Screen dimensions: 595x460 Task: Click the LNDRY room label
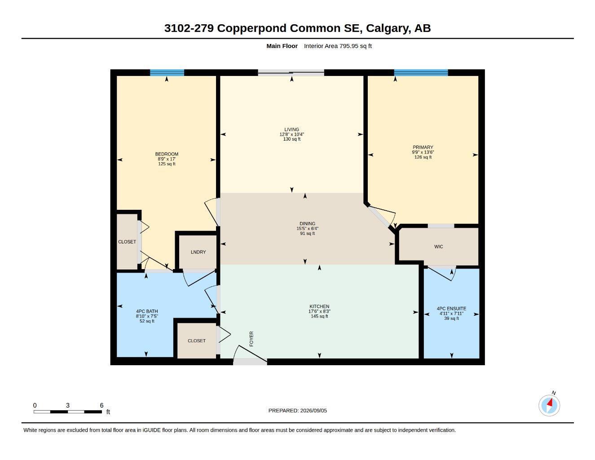198,252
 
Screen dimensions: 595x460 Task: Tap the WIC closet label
438,247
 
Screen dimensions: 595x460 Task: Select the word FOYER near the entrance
251,339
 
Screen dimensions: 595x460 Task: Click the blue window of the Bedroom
167,73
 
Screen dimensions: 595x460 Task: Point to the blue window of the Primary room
421,73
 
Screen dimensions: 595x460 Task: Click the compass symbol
549,406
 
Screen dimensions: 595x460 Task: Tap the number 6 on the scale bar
101,405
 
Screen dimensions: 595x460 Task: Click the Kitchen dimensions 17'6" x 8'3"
319,311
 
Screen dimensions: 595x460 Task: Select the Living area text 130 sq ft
291,139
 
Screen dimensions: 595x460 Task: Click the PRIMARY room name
423,147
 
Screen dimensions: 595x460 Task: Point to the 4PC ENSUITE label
451,309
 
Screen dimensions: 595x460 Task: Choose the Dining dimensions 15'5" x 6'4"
307,228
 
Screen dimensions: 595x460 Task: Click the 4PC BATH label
147,311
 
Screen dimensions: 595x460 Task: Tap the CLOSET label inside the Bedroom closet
127,242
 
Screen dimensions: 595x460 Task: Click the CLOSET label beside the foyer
197,341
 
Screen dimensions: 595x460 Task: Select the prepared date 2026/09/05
313,411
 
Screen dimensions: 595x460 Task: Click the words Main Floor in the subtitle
282,46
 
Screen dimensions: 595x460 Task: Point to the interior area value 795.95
349,46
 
